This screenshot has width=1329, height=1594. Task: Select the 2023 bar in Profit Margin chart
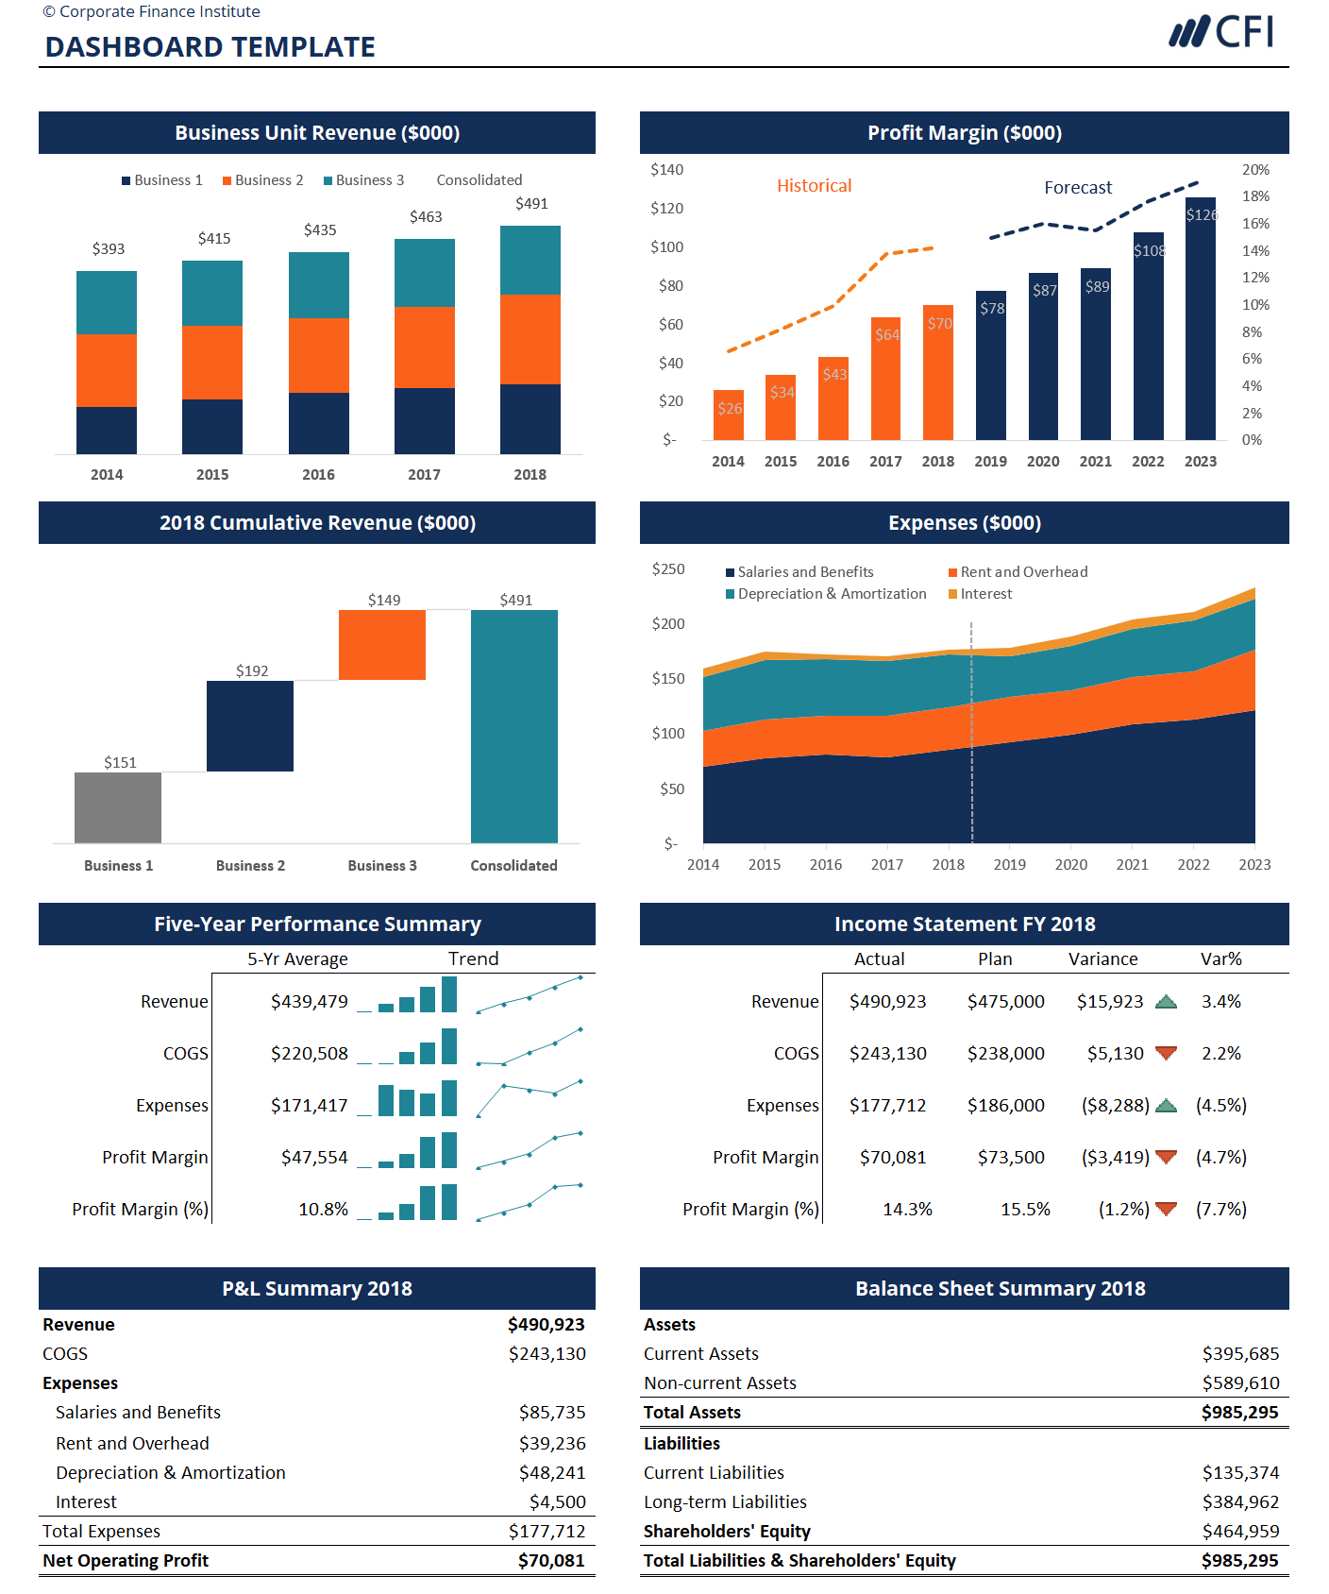tap(1200, 321)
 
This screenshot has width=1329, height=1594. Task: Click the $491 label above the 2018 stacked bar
tap(531, 204)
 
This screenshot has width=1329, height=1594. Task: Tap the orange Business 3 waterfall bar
tap(381, 645)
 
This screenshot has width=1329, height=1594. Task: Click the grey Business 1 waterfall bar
tap(118, 807)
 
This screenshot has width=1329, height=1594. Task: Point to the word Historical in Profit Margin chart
tap(814, 186)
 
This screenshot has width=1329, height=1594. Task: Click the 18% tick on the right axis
tap(1255, 196)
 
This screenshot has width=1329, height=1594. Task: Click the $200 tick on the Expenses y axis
tap(668, 624)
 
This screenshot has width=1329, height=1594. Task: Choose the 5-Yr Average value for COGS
tap(310, 1054)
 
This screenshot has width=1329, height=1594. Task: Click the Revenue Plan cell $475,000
tap(1005, 1002)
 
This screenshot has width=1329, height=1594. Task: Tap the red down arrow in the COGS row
tap(1167, 1053)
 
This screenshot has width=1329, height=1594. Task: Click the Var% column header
tap(1220, 959)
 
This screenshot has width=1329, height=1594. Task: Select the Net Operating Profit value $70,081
tap(551, 1561)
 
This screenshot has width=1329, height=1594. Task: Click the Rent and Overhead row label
tap(132, 1444)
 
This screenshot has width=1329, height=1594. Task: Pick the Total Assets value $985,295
tap(1239, 1413)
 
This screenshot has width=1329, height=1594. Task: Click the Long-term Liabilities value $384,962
tap(1240, 1502)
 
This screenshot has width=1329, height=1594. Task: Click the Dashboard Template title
tap(210, 47)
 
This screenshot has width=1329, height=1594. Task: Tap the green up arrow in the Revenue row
tap(1167, 1002)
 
